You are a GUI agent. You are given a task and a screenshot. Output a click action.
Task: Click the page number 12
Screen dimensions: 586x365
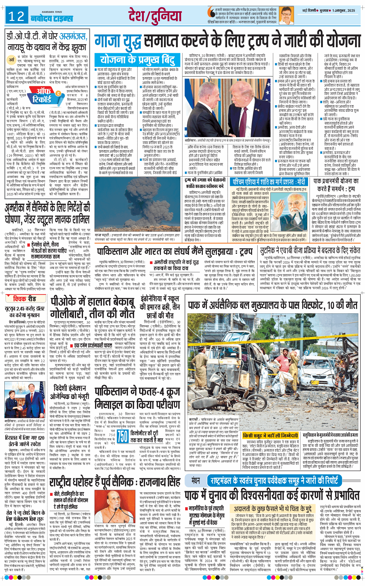tap(16, 16)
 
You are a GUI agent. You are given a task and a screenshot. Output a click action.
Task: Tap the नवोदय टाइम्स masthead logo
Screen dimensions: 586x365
tap(52, 18)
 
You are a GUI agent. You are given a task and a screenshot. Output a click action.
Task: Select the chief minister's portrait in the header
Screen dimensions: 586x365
tap(286, 15)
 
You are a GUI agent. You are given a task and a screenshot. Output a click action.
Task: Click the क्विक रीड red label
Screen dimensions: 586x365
tap(25, 298)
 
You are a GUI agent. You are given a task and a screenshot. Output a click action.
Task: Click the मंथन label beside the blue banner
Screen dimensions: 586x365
tap(196, 481)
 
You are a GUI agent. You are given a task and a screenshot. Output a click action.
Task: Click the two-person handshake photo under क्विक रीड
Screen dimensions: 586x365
tap(25, 403)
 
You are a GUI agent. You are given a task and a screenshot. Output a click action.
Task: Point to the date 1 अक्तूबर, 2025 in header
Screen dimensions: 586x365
tap(344, 10)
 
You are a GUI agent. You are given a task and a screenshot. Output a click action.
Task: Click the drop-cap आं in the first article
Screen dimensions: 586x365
tap(12, 60)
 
